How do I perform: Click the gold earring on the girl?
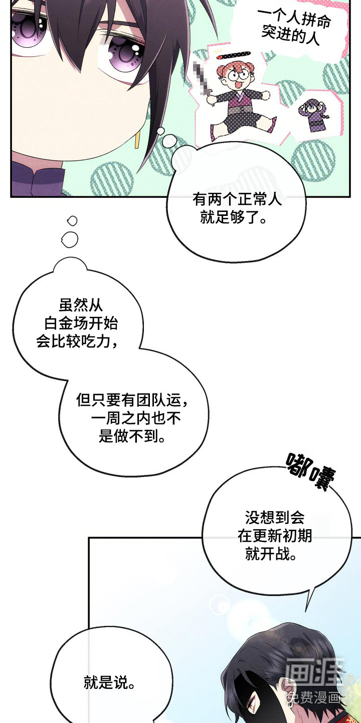[x=137, y=139]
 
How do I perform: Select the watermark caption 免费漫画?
[x=313, y=697]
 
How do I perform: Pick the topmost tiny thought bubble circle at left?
[x=72, y=220]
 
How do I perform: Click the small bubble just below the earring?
[x=160, y=132]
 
